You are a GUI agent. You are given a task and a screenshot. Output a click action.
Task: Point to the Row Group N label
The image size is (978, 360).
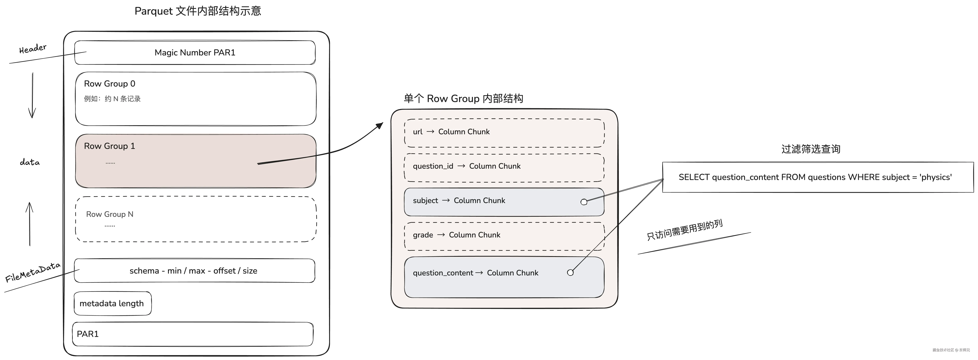coord(110,214)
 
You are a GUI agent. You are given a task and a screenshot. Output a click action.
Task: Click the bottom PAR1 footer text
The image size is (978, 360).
coord(88,334)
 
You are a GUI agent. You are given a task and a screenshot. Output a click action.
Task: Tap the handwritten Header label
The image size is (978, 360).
coord(33,49)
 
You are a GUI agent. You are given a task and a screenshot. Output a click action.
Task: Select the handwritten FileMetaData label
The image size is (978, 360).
coord(33,272)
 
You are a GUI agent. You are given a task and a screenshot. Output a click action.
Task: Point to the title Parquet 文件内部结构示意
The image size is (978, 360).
coord(198,11)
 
